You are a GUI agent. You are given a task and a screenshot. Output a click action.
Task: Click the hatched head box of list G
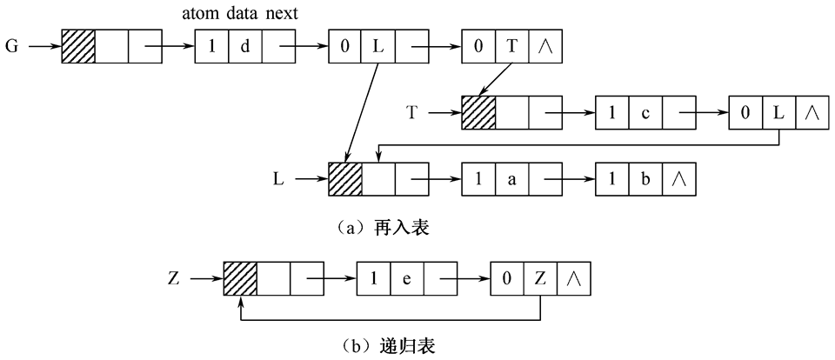coord(77,46)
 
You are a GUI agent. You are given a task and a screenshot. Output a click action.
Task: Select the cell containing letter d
coord(244,46)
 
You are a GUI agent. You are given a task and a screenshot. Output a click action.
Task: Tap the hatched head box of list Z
coord(240,279)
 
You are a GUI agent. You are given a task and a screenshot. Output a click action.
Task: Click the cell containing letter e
coord(407,279)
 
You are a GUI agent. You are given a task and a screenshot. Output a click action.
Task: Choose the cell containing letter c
coord(645,112)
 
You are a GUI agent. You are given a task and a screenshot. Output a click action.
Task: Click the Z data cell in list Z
coord(540,279)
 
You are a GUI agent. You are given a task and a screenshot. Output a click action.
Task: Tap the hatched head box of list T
coord(478,112)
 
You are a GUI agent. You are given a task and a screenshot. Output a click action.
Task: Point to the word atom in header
coord(201,15)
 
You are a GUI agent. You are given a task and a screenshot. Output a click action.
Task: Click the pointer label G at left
coord(12,46)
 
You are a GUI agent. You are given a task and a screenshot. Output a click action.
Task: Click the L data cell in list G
coord(378,46)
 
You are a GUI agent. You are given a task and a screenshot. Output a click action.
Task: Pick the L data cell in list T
coord(778,112)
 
